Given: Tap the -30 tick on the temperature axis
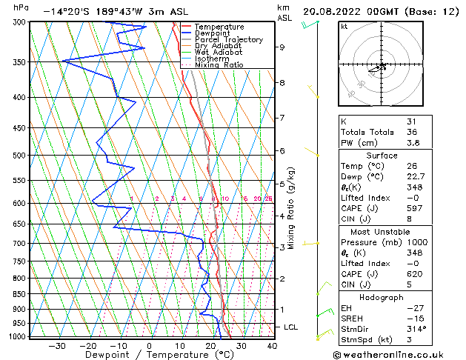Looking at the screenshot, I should pos(57,346).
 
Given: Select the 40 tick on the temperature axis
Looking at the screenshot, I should pos(272,346).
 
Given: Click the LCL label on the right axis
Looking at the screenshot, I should pos(292,327).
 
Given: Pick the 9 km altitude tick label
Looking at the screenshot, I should pos(282,47).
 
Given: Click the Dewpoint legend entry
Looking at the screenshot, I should pos(214,33).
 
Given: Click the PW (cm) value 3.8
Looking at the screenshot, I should pos(412,143).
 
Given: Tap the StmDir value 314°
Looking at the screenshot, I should pos(416,329).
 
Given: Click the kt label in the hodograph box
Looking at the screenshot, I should pos(344,26).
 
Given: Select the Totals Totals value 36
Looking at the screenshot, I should pos(411,132).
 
